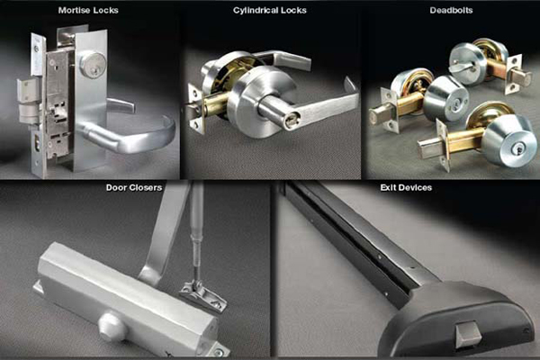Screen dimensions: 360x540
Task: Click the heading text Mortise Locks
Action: click(87, 10)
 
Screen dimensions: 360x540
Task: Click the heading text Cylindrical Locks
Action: click(270, 10)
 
